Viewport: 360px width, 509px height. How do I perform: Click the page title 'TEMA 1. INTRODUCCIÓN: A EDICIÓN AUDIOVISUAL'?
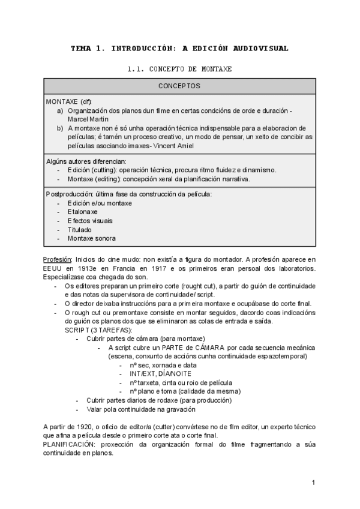point(179,48)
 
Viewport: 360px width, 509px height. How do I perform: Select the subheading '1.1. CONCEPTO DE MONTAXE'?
point(179,70)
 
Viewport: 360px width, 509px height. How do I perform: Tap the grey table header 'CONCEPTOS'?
point(179,86)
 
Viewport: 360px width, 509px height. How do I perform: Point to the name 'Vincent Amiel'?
point(178,145)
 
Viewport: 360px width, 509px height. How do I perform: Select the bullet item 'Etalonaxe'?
point(83,212)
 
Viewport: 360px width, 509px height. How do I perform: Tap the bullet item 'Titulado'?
point(80,229)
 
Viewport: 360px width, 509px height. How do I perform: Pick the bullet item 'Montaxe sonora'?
point(92,238)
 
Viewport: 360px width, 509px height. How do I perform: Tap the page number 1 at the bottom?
point(313,483)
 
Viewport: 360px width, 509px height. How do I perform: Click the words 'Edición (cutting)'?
point(92,170)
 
